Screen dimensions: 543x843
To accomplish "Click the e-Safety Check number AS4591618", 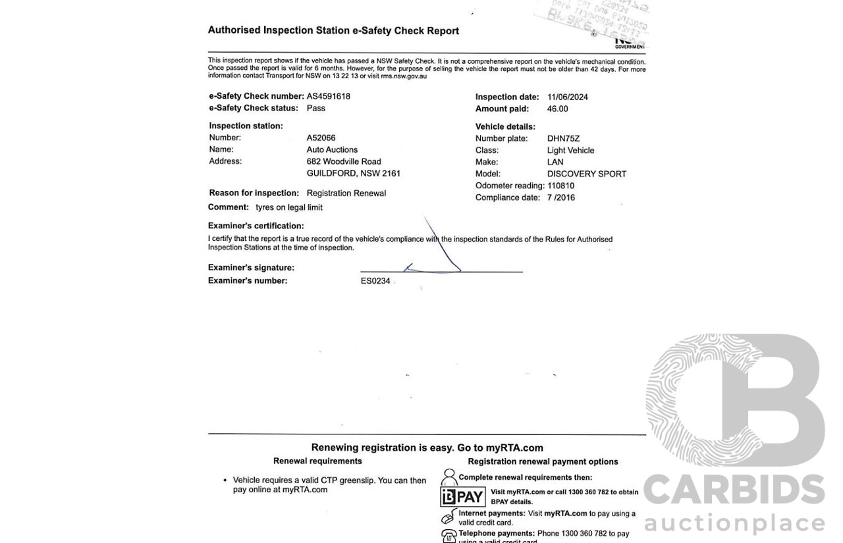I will pos(328,96).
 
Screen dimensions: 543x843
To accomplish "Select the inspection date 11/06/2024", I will pos(567,97).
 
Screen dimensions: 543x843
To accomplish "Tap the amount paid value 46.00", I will pos(557,109).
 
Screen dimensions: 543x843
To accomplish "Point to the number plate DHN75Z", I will pos(563,139).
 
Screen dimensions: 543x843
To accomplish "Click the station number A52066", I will pos(321,138).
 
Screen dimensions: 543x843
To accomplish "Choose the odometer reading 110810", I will pos(560,186).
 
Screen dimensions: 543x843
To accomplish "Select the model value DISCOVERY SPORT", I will pos(586,174).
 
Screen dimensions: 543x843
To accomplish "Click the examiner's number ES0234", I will pos(375,281).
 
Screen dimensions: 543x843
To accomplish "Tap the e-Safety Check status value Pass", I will pos(315,108).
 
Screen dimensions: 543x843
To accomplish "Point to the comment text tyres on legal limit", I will pos(289,207).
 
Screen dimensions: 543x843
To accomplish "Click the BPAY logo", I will pos(463,497).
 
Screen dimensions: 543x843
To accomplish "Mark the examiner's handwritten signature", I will pos(435,257).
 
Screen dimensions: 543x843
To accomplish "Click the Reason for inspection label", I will pos(254,193).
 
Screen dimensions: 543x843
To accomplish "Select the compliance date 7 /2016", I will pos(560,197).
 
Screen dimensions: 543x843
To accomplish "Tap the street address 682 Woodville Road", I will pos(344,162).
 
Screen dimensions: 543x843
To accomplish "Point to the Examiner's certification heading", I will pos(256,226).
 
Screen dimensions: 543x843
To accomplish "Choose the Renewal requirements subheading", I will pos(317,461).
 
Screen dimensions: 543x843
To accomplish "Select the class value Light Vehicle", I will pos(570,151).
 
